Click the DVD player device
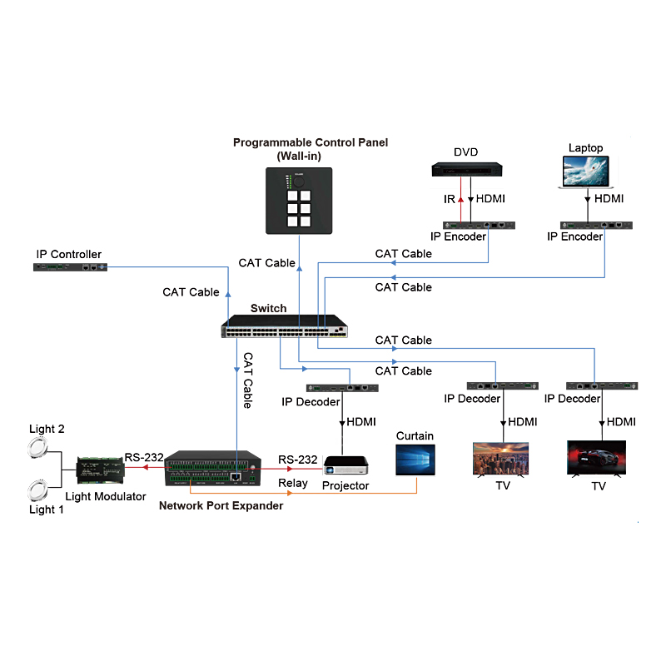tap(466, 170)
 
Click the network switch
tap(286, 326)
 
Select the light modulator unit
tap(100, 470)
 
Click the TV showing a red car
tap(597, 458)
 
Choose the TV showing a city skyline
tap(502, 458)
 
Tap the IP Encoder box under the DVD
tap(480, 225)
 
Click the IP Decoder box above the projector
tap(343, 388)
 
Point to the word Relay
tap(292, 483)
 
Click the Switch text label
tap(268, 308)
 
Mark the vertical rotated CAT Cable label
tap(247, 380)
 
